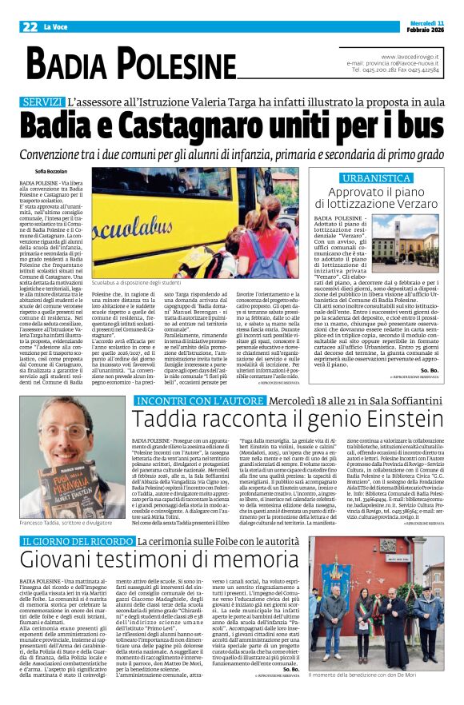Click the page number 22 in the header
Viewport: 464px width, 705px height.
coord(18,26)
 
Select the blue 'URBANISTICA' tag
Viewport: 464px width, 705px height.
coord(376,177)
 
